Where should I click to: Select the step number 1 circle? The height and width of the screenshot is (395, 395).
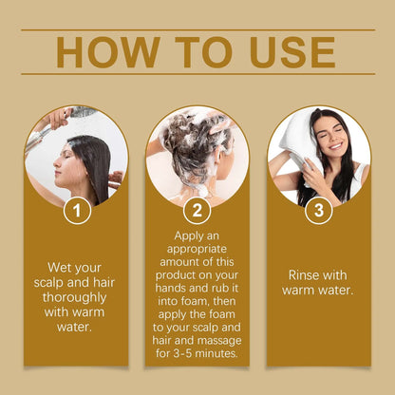pyautogui.click(x=76, y=210)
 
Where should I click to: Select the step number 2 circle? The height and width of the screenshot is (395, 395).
pyautogui.click(x=197, y=210)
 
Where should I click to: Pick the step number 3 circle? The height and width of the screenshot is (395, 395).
pyautogui.click(x=318, y=210)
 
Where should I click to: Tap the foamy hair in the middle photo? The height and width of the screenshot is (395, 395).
pyautogui.click(x=195, y=142)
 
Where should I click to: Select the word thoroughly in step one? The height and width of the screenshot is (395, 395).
pyautogui.click(x=77, y=298)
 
